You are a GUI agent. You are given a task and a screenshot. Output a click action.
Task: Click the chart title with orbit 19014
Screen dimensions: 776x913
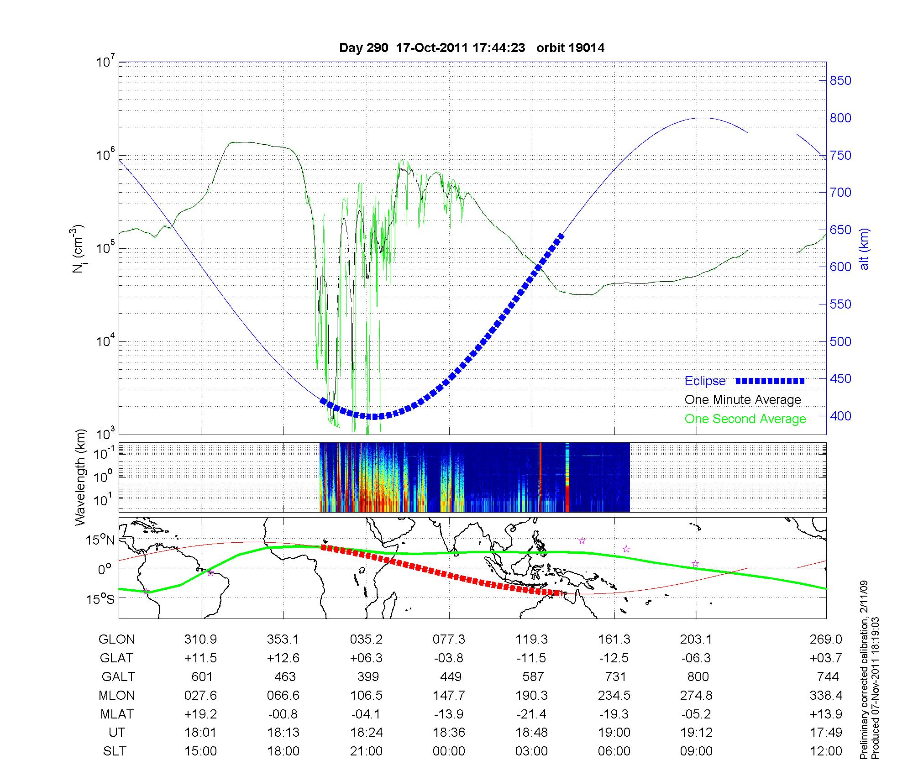[472, 48]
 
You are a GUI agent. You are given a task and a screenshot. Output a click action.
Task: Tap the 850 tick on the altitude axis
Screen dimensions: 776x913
[840, 81]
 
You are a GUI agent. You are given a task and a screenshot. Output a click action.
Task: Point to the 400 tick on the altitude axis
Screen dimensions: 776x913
[840, 416]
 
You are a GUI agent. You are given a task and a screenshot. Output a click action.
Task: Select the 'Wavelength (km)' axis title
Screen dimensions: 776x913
[81, 477]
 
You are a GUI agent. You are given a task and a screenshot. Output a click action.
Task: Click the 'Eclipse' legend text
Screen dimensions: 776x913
[705, 381]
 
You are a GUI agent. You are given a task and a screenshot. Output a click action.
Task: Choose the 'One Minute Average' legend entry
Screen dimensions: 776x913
[743, 400]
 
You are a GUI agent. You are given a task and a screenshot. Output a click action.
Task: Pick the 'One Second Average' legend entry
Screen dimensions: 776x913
[745, 419]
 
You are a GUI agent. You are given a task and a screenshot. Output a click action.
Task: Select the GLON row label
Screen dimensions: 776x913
[116, 640]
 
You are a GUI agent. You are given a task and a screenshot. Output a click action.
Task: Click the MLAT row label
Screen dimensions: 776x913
[116, 714]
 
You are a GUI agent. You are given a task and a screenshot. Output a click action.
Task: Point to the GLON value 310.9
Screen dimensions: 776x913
[200, 640]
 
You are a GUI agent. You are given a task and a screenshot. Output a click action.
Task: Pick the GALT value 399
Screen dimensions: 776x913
[366, 676]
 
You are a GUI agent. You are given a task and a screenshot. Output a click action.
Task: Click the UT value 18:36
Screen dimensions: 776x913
[449, 733]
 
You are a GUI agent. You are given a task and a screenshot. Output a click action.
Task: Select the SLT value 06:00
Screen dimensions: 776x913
[614, 751]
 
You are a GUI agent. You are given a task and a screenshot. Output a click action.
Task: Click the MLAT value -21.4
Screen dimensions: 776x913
[531, 714]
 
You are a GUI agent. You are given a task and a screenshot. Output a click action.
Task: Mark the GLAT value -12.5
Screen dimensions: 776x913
[614, 658]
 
